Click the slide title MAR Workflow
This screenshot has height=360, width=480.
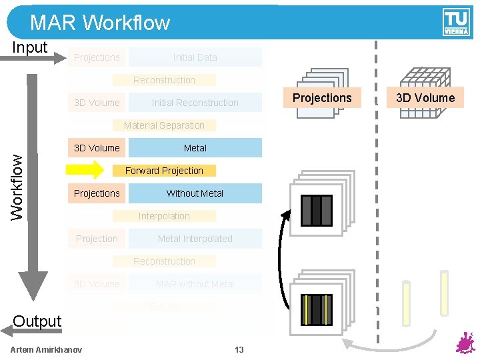click(x=100, y=23)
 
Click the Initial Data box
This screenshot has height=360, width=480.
click(x=195, y=57)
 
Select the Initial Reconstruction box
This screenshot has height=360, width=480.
click(x=195, y=103)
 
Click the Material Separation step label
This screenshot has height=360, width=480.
click(x=164, y=125)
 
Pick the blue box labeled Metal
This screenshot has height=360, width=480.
click(x=195, y=148)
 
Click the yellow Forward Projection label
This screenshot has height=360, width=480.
click(x=164, y=171)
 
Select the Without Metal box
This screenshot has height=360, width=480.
click(x=195, y=193)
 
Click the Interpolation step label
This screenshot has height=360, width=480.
click(x=164, y=216)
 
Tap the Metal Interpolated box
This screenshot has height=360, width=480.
click(x=195, y=239)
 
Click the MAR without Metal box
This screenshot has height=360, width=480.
click(x=195, y=284)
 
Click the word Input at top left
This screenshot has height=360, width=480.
click(x=30, y=47)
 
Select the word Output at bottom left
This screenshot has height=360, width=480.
click(x=37, y=321)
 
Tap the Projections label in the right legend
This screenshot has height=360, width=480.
click(x=322, y=98)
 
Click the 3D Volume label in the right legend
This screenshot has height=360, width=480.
click(x=425, y=98)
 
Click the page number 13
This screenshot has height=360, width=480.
click(x=239, y=350)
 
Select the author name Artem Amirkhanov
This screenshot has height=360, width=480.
click(x=47, y=350)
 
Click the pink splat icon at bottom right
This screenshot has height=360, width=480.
click(x=464, y=344)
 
